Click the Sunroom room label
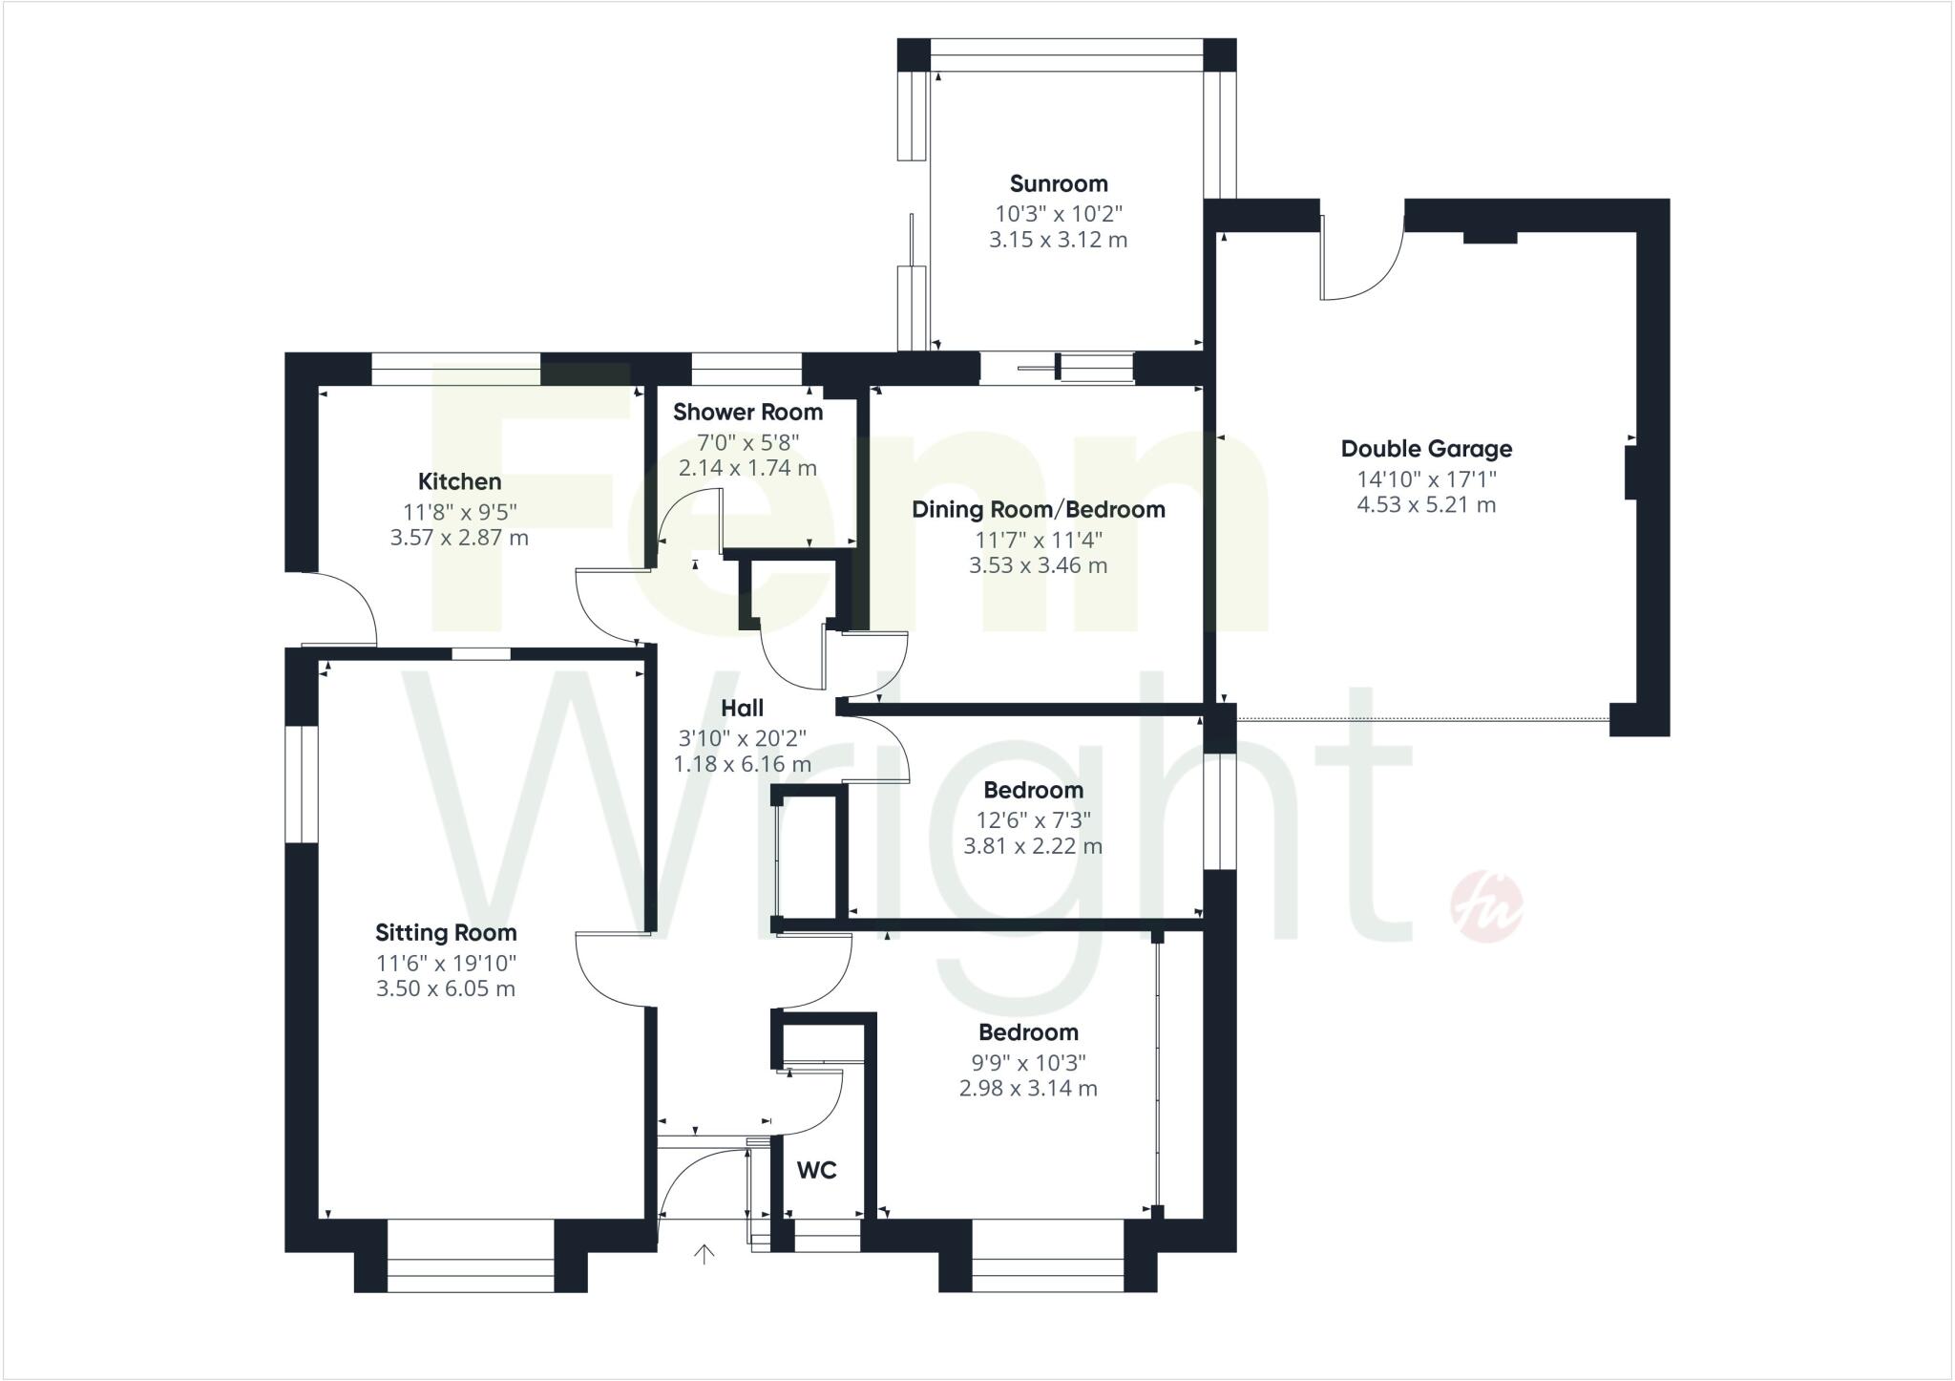click(x=1059, y=183)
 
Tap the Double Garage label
click(x=1426, y=449)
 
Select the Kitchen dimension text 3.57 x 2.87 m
click(x=459, y=538)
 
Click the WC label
click(x=816, y=1170)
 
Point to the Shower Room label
click(x=747, y=413)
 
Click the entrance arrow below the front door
click(x=704, y=1254)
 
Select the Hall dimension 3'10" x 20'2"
click(x=742, y=738)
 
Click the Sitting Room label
click(x=446, y=933)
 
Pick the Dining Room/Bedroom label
click(x=1039, y=510)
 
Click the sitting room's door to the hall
click(x=611, y=969)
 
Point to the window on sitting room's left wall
click(x=302, y=784)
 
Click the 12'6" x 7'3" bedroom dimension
click(x=1033, y=819)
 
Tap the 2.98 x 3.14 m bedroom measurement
click(x=1028, y=1089)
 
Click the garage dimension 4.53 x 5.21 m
click(x=1426, y=505)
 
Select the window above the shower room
click(x=746, y=369)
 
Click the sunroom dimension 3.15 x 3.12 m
click(x=1058, y=240)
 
